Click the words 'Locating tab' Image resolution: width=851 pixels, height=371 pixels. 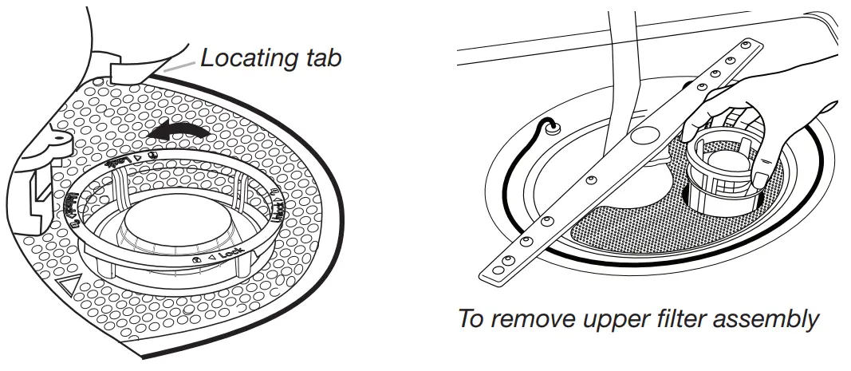click(271, 57)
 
